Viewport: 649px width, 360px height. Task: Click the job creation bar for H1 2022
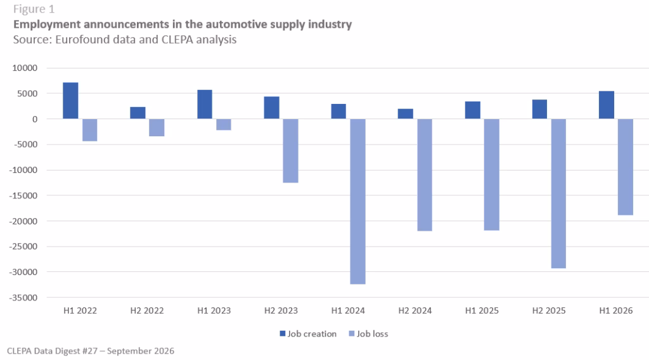(70, 101)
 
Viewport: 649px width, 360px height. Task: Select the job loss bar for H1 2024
(357, 202)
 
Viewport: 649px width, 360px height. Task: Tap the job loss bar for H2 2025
(558, 194)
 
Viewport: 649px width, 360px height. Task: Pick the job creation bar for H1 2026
(607, 105)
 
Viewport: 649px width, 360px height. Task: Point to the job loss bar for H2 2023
(290, 151)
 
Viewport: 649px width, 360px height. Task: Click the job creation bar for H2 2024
(405, 114)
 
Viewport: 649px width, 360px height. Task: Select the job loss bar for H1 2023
(224, 125)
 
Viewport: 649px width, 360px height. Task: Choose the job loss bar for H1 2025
(492, 175)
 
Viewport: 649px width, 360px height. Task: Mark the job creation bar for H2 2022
(138, 113)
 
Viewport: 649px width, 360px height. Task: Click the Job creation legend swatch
(283, 333)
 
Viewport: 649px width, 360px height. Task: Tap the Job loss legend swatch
(352, 333)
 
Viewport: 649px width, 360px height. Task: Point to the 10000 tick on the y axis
(25, 68)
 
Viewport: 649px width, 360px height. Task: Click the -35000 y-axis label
(23, 297)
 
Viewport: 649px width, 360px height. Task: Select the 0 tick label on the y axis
(35, 119)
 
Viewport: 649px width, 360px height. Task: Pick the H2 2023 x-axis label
(281, 311)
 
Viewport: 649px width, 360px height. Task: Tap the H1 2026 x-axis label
(616, 311)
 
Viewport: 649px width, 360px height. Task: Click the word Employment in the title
(47, 25)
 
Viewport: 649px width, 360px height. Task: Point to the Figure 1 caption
(34, 9)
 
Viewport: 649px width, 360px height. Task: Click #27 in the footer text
(90, 351)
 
